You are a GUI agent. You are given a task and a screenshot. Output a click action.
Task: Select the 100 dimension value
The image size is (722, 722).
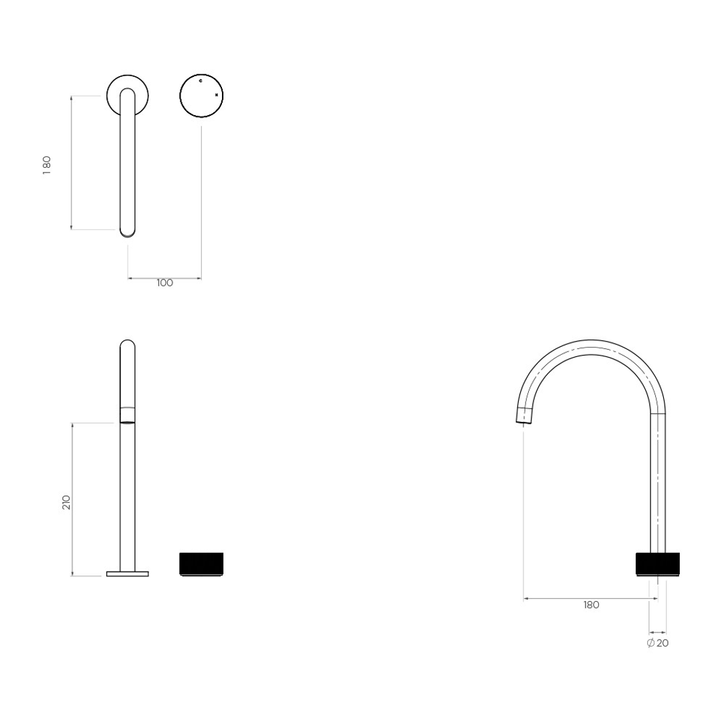coord(164,283)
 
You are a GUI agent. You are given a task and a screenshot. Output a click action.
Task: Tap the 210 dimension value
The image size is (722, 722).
coord(66,502)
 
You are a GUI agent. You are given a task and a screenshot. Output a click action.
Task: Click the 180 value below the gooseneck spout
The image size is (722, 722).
coord(591,605)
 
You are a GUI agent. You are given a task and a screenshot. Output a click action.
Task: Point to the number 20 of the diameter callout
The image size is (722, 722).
coord(663,643)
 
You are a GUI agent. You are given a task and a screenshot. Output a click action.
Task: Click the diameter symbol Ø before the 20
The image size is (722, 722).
coord(650,643)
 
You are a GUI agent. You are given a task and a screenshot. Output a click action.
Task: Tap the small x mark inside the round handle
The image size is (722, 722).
coord(217,96)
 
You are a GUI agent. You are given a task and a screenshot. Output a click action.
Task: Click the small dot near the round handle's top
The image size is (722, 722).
coord(201,80)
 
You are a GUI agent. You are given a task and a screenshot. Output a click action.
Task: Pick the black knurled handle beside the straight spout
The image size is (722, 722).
coord(201,563)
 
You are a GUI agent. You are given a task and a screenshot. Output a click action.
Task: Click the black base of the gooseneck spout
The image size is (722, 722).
coord(658,564)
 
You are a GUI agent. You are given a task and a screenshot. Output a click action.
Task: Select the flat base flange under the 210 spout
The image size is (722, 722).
coord(128,573)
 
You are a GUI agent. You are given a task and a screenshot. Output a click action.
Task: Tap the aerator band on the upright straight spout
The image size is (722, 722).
coord(128,414)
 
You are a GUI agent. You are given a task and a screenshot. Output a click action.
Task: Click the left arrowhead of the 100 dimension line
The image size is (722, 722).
coord(130,278)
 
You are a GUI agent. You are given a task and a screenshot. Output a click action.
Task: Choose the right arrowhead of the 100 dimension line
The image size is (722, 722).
coord(199,278)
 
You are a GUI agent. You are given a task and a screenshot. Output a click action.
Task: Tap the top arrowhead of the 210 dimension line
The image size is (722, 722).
coord(72,425)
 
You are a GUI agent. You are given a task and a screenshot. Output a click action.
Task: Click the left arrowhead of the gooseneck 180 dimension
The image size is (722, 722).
coord(526,599)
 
